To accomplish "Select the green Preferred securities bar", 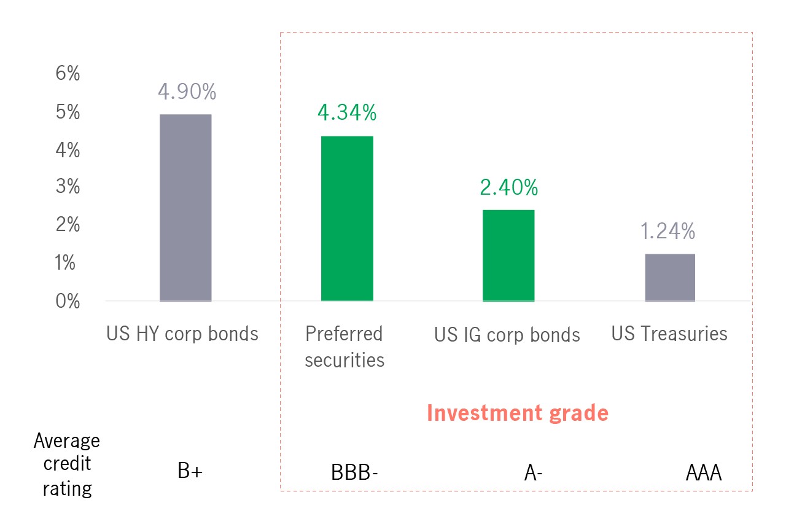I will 347,219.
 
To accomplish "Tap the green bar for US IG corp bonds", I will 508,256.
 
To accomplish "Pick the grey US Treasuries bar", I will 670,278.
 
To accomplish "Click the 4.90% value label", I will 187,92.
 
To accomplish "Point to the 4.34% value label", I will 347,113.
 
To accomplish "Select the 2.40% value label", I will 509,187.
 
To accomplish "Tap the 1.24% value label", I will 668,232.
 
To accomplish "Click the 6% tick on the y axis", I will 68,74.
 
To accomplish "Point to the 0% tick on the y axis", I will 68,302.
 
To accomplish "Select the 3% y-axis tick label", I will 68,187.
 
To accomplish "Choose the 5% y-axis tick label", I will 68,112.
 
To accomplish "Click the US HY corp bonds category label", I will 182,334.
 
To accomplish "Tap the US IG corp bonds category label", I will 507,335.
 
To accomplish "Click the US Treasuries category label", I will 669,334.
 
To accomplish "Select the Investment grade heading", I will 518,413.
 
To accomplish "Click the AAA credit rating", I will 703,474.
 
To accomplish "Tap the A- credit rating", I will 534,474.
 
